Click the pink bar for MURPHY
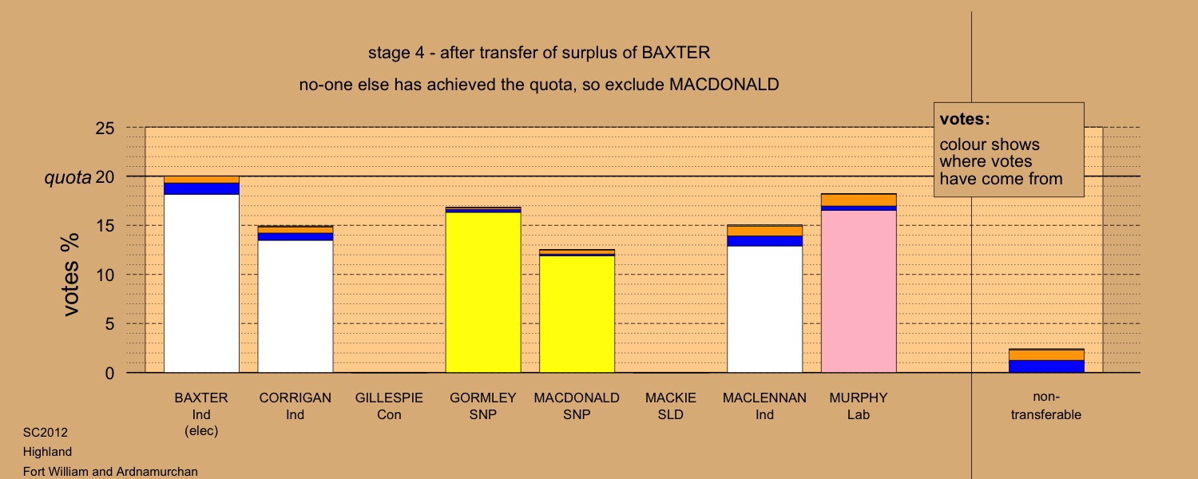(x=859, y=291)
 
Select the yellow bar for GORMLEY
(x=483, y=292)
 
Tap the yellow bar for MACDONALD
(x=577, y=315)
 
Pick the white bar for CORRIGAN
(x=296, y=307)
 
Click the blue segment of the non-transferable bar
(x=1046, y=366)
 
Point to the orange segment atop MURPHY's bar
(x=859, y=200)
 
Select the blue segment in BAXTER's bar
(x=201, y=188)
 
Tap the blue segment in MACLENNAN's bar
(x=765, y=241)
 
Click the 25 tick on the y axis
(x=105, y=129)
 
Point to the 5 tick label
(x=109, y=324)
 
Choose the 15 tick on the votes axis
(x=105, y=226)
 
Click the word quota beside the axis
(x=67, y=177)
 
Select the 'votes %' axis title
(x=71, y=275)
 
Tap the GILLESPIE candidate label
(x=389, y=398)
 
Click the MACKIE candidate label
(x=671, y=398)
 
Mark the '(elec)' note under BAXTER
(x=201, y=431)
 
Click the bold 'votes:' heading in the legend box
(x=965, y=119)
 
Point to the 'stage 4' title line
(x=539, y=53)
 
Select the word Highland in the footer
(x=47, y=452)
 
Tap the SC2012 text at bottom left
(x=45, y=432)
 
